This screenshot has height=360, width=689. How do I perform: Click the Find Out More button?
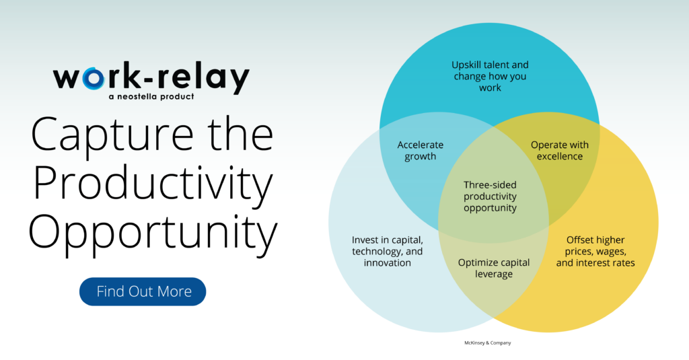click(x=143, y=291)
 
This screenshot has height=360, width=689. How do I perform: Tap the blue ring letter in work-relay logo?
click(x=93, y=78)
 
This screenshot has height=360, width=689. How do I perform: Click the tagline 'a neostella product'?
click(x=151, y=97)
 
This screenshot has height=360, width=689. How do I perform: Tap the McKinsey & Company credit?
click(x=488, y=343)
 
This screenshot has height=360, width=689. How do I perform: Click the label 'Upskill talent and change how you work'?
click(x=490, y=76)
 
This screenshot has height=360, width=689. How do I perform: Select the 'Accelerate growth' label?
click(x=420, y=150)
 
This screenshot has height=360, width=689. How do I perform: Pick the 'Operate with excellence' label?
click(x=559, y=150)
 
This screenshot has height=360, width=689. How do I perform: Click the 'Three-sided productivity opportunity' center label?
click(x=490, y=196)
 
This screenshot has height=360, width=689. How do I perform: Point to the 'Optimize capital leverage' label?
click(x=493, y=268)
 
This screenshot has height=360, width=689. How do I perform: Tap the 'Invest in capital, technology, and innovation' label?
click(x=387, y=252)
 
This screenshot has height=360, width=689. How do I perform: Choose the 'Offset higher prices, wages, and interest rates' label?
click(x=595, y=252)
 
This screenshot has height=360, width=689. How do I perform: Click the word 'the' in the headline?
click(x=240, y=134)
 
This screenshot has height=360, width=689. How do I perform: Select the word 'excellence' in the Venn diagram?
click(x=559, y=157)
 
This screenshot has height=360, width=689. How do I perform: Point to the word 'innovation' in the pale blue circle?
click(x=387, y=263)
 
